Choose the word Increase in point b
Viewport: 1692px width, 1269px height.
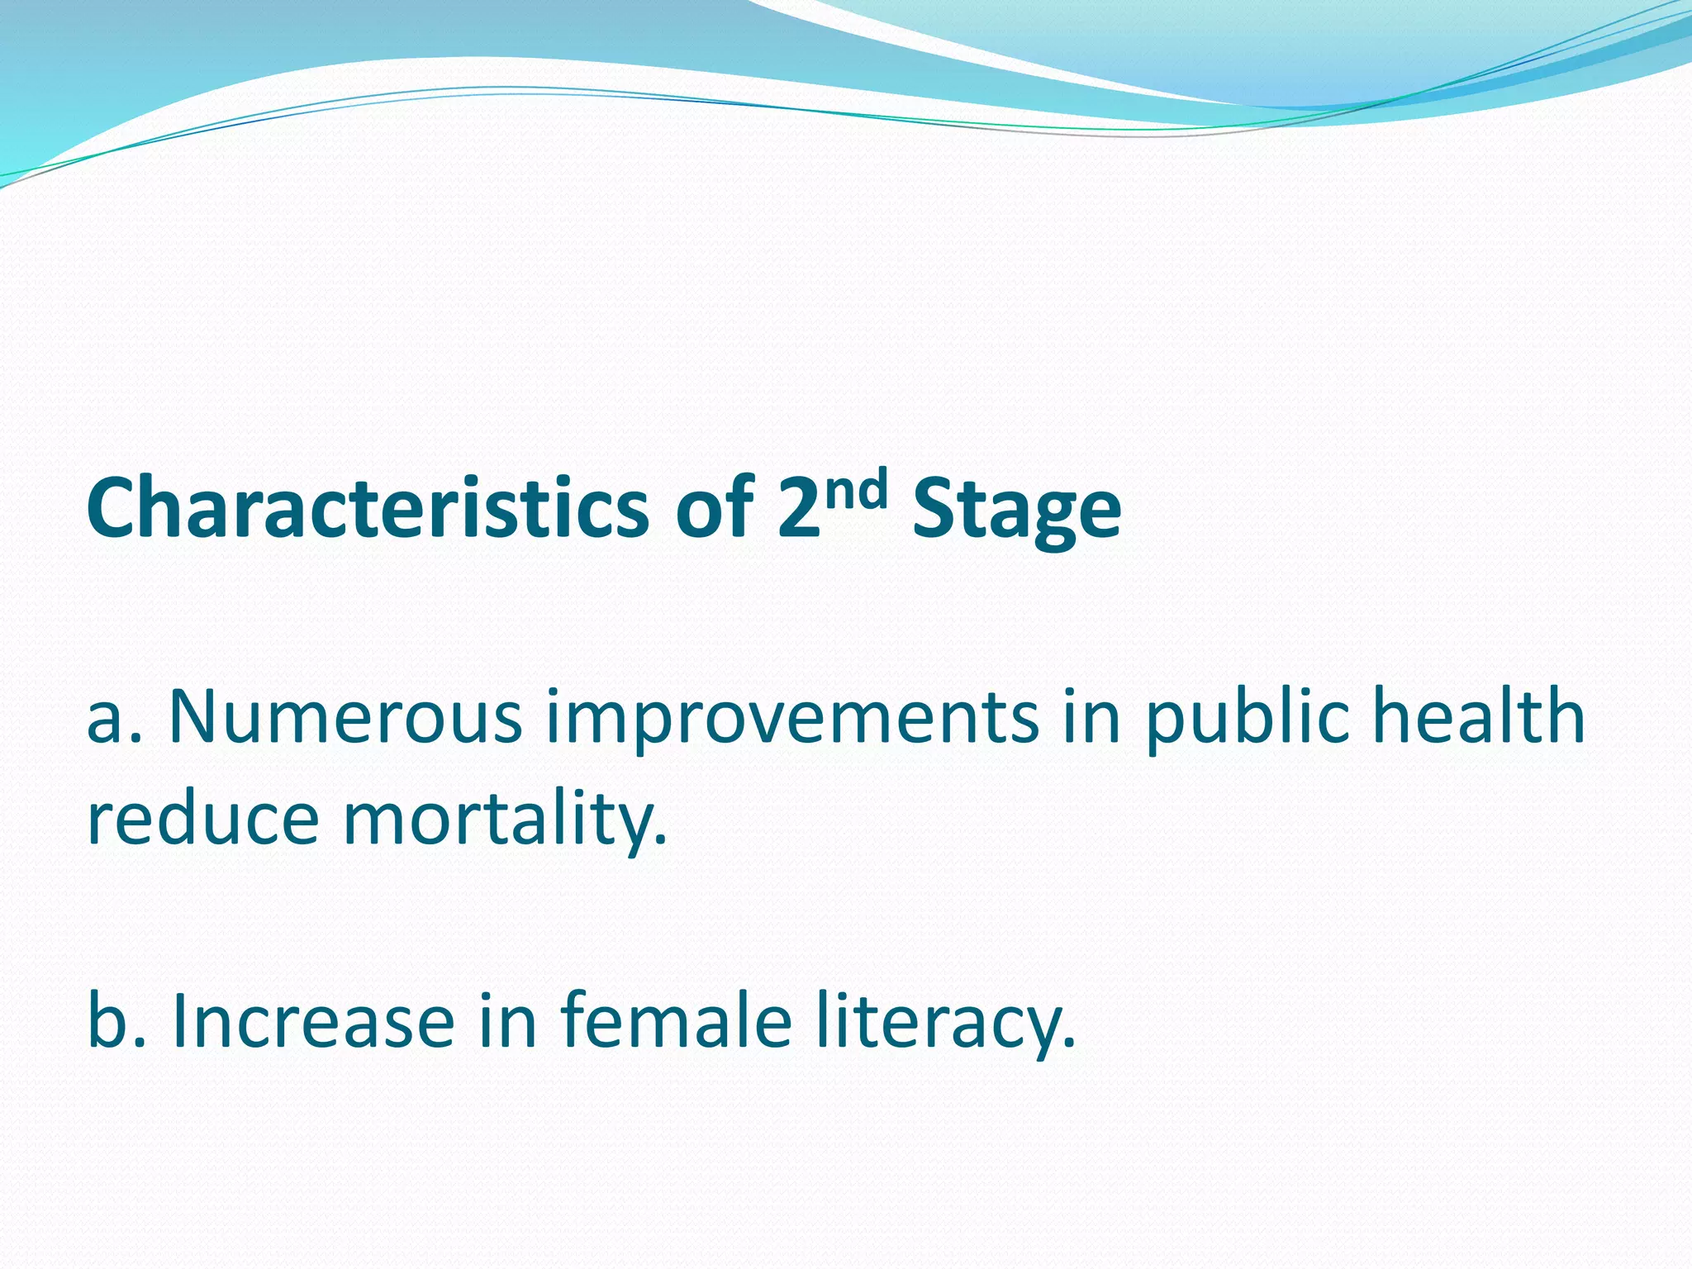point(313,1021)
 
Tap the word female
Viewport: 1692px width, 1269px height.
point(677,1021)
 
